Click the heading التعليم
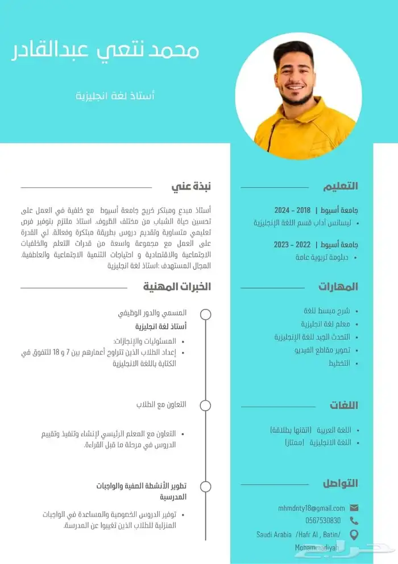(341, 186)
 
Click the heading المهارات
(338, 286)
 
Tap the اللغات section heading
(343, 405)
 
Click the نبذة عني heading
(192, 186)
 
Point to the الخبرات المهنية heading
(177, 286)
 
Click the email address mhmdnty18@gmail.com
(312, 508)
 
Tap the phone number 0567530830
(323, 520)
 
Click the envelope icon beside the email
(354, 508)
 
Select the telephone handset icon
(354, 520)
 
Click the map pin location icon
(354, 534)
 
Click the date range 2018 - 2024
(292, 210)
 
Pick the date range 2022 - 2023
(292, 245)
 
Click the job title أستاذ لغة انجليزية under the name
(115, 95)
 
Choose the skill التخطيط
(339, 363)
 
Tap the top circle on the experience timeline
(206, 314)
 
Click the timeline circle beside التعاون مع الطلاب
(206, 405)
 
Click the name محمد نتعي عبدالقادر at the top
(106, 51)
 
